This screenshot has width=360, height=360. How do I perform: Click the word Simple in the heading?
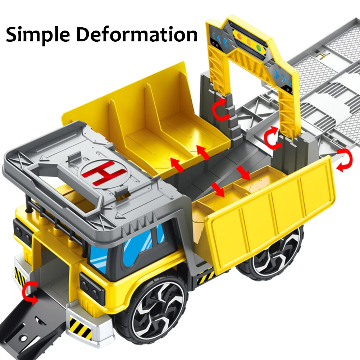tap(38, 35)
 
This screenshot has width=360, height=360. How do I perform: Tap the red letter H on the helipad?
tap(104, 172)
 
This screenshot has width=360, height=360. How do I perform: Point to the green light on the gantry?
tap(259, 48)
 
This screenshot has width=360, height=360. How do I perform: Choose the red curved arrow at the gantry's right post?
tap(272, 137)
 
